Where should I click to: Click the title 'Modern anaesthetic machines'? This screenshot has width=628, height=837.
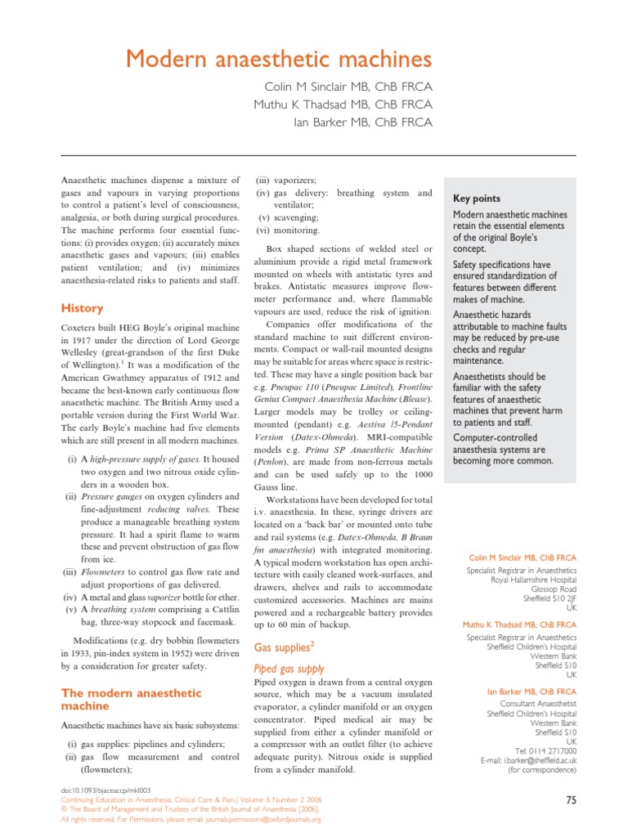click(x=277, y=59)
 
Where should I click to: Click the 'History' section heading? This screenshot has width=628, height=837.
click(x=83, y=308)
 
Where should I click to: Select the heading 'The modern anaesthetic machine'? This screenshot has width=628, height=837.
click(x=132, y=699)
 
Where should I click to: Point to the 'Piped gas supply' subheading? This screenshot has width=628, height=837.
click(x=289, y=668)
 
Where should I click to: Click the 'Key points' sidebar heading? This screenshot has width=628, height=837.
click(x=477, y=199)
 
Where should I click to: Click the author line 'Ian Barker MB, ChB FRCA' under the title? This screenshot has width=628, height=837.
click(x=362, y=123)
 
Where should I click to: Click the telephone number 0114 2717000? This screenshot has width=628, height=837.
click(x=553, y=750)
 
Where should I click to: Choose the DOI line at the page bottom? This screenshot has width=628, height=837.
click(x=105, y=790)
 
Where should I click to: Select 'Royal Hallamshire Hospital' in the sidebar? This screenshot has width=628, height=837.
click(x=534, y=579)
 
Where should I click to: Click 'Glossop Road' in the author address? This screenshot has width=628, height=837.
click(x=554, y=589)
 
